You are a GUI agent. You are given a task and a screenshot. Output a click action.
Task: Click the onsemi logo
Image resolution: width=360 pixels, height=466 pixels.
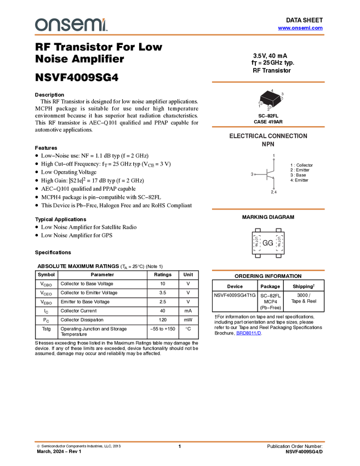[71, 25]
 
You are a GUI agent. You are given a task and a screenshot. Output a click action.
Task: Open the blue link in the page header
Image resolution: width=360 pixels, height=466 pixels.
[300, 28]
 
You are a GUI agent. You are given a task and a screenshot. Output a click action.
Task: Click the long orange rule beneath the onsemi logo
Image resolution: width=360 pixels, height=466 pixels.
[180, 35]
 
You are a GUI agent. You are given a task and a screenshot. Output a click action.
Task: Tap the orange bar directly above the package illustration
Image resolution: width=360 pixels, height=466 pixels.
[268, 82]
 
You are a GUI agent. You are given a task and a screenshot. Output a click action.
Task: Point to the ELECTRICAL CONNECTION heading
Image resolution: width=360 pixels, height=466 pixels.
[268, 137]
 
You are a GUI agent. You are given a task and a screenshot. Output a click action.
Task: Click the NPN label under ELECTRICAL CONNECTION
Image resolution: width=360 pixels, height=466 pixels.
[268, 145]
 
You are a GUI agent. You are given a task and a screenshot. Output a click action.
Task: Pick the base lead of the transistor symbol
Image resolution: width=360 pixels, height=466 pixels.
[253, 174]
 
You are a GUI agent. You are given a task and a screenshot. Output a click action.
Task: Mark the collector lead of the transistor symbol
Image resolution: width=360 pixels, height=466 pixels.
[273, 159]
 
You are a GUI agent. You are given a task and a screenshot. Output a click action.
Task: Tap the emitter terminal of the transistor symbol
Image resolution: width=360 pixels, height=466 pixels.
[274, 192]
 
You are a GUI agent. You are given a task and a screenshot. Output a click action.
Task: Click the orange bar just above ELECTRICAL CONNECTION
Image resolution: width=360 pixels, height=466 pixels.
[268, 127]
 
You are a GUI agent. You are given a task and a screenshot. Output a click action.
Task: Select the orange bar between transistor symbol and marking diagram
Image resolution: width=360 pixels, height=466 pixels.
[268, 209]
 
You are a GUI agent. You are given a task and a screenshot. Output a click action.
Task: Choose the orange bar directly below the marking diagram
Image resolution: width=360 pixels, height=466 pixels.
[268, 270]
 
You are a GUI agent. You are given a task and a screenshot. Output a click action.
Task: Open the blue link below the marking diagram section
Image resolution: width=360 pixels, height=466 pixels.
[249, 333]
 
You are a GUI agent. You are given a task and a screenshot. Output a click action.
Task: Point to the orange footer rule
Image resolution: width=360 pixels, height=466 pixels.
[180, 441]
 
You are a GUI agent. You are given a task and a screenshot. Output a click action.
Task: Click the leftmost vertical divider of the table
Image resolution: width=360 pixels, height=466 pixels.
[58, 304]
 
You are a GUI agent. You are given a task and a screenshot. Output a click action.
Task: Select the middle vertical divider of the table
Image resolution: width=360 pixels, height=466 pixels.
[147, 304]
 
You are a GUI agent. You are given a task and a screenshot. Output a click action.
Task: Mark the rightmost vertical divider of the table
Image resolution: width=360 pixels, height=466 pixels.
[178, 304]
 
